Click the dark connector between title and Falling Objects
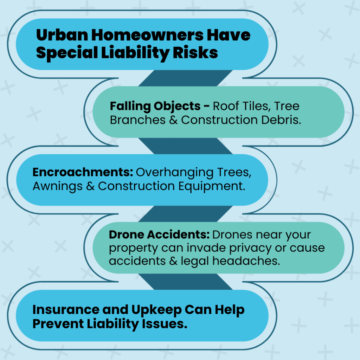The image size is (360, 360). point(158,78)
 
